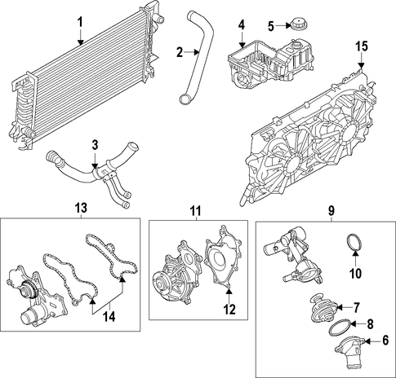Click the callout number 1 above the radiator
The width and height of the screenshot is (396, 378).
click(x=80, y=23)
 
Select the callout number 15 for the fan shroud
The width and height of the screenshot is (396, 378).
click(x=362, y=46)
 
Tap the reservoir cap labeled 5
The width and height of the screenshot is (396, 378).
click(x=300, y=24)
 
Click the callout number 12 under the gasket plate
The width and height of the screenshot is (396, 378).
click(x=229, y=309)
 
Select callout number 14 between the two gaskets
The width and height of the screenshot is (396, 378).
click(x=109, y=316)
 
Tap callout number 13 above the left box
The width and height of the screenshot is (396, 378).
click(x=81, y=208)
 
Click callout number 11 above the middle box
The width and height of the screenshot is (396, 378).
click(x=195, y=210)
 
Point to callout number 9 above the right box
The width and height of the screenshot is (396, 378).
click(x=331, y=210)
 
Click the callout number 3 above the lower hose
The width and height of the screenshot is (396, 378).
click(x=95, y=145)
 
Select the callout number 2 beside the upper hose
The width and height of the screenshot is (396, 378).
click(x=180, y=52)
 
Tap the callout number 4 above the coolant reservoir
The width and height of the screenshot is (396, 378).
click(x=242, y=25)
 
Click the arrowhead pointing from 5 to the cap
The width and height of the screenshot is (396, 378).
click(x=288, y=26)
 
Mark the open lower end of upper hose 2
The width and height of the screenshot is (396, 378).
click(x=185, y=99)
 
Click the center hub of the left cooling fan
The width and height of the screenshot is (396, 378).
click(x=292, y=165)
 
